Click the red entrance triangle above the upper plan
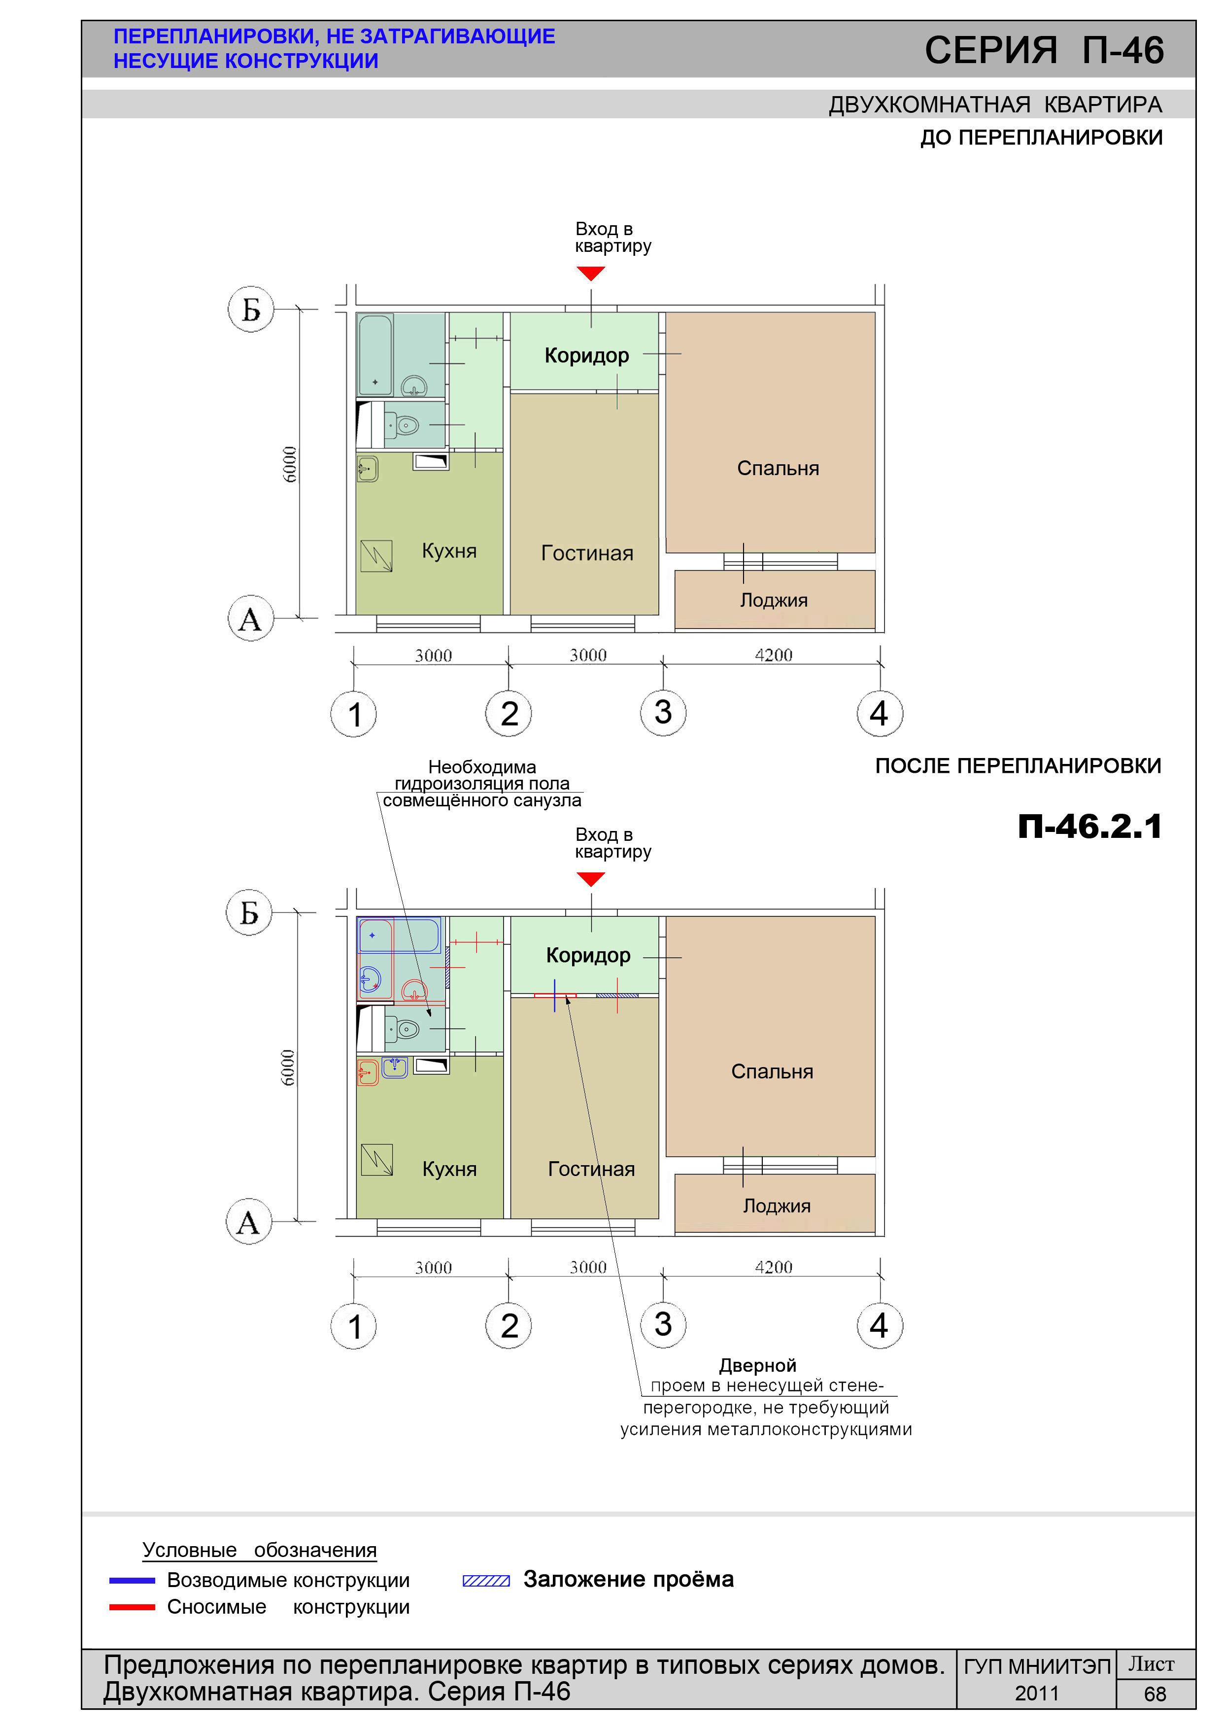[591, 274]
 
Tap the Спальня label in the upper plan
[778, 468]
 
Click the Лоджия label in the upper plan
[773, 600]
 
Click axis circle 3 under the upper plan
[663, 712]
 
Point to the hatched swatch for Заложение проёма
[486, 1581]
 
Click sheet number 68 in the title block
[1155, 1694]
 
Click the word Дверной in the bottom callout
[757, 1365]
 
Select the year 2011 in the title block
[1037, 1694]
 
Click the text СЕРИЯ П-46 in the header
[1044, 50]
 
